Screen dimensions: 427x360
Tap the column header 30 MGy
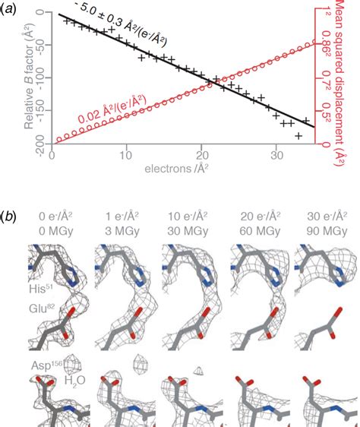pyautogui.click(x=184, y=227)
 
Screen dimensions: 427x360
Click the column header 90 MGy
pyautogui.click(x=319, y=227)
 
